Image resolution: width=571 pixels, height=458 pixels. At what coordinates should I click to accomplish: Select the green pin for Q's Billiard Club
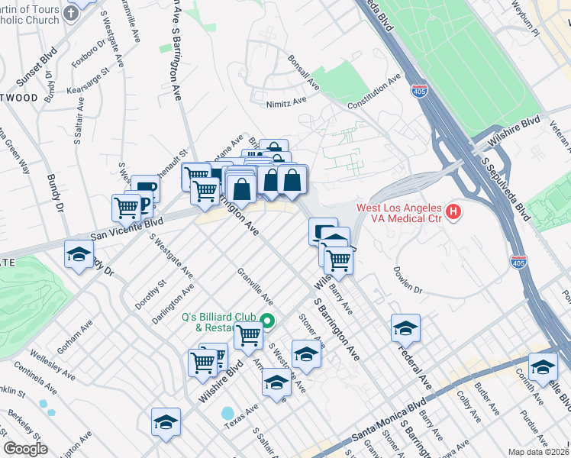[267, 321]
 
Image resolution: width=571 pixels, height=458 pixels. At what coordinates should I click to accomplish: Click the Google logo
[25, 449]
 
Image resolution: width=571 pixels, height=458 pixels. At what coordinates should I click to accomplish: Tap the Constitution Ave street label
[373, 92]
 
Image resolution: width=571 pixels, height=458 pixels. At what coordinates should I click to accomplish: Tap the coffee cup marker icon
[145, 188]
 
